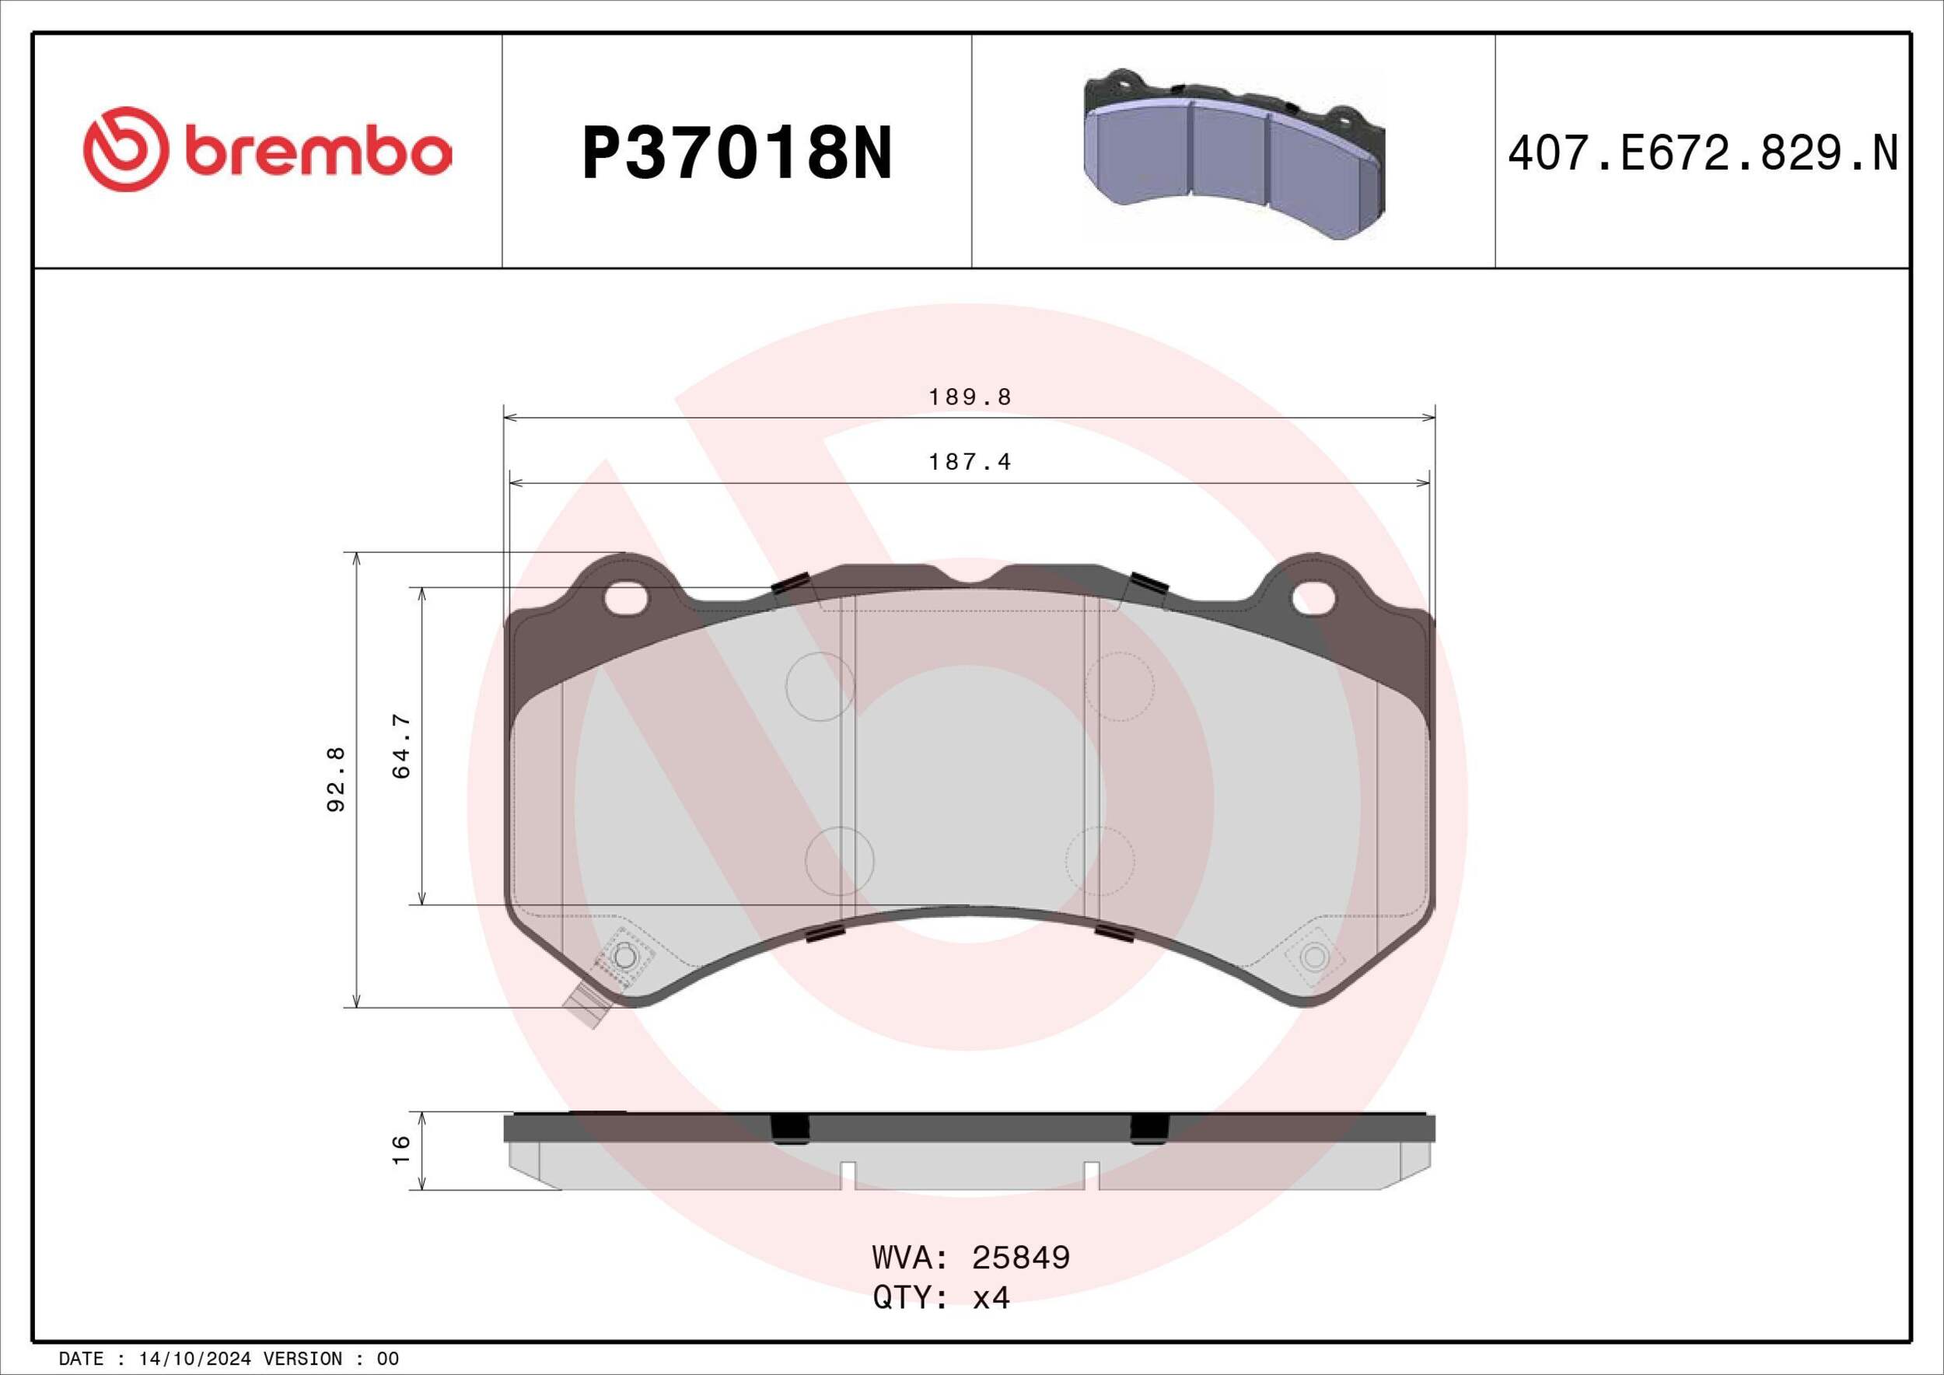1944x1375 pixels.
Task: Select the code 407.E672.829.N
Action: pos(1703,154)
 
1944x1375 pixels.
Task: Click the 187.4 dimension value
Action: pos(970,462)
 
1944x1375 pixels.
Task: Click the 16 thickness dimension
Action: pos(401,1149)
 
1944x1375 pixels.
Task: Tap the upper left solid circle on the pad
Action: pos(820,687)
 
